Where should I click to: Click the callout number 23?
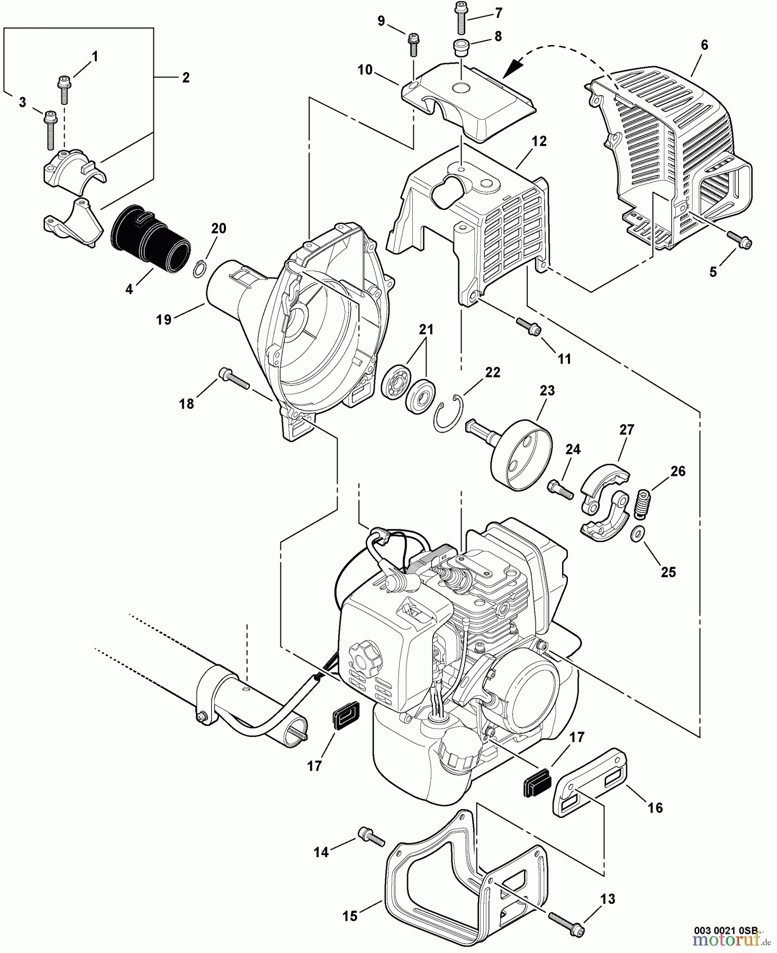tap(547, 391)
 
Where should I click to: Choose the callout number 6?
tap(704, 45)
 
